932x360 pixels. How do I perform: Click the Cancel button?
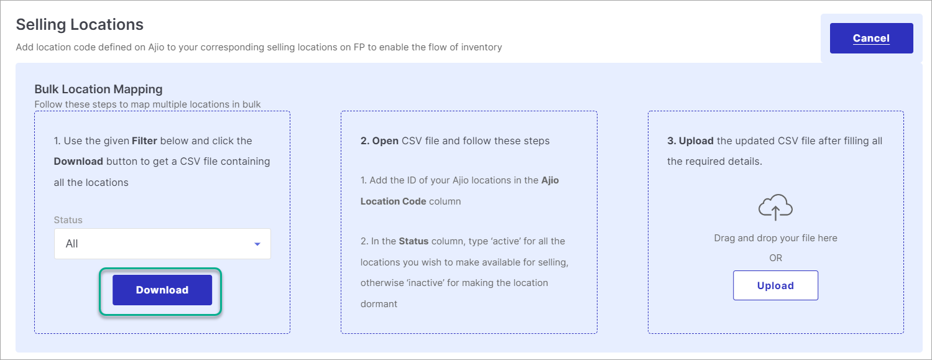871,39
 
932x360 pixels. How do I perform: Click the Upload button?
775,286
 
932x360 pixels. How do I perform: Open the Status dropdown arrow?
257,244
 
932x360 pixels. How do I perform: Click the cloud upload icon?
775,207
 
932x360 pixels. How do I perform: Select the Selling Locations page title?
80,24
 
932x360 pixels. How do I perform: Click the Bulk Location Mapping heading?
98,89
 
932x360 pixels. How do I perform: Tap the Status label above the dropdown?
68,220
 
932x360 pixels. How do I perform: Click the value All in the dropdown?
72,244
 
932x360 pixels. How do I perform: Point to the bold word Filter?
144,141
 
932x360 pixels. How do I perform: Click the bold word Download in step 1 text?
78,162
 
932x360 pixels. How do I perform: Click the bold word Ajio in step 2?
550,180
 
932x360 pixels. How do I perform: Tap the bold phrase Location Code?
393,201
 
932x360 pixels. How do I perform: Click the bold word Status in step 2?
414,241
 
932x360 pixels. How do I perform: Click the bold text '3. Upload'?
690,141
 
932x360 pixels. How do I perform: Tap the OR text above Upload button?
775,258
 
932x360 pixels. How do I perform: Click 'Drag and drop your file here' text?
775,238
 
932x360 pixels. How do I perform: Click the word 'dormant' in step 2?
379,304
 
